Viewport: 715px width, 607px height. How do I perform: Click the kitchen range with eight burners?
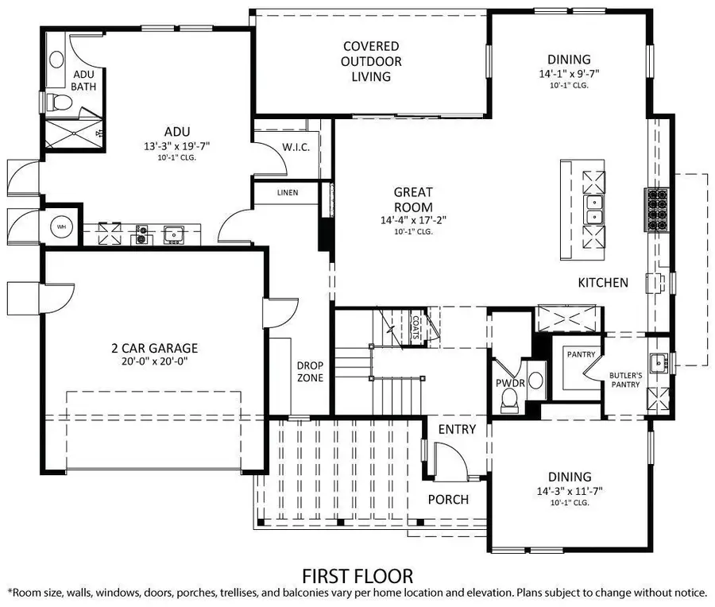[x=659, y=210]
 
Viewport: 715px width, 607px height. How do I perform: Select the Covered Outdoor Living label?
[x=371, y=62]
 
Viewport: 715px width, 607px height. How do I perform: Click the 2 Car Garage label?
[x=154, y=347]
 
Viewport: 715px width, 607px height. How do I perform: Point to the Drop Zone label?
[x=310, y=372]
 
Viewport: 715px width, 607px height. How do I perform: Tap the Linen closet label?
[x=288, y=192]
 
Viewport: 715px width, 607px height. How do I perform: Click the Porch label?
[x=449, y=500]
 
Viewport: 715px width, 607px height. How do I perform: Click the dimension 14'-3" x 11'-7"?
[x=569, y=490]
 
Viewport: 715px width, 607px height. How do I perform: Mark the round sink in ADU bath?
[x=56, y=60]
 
